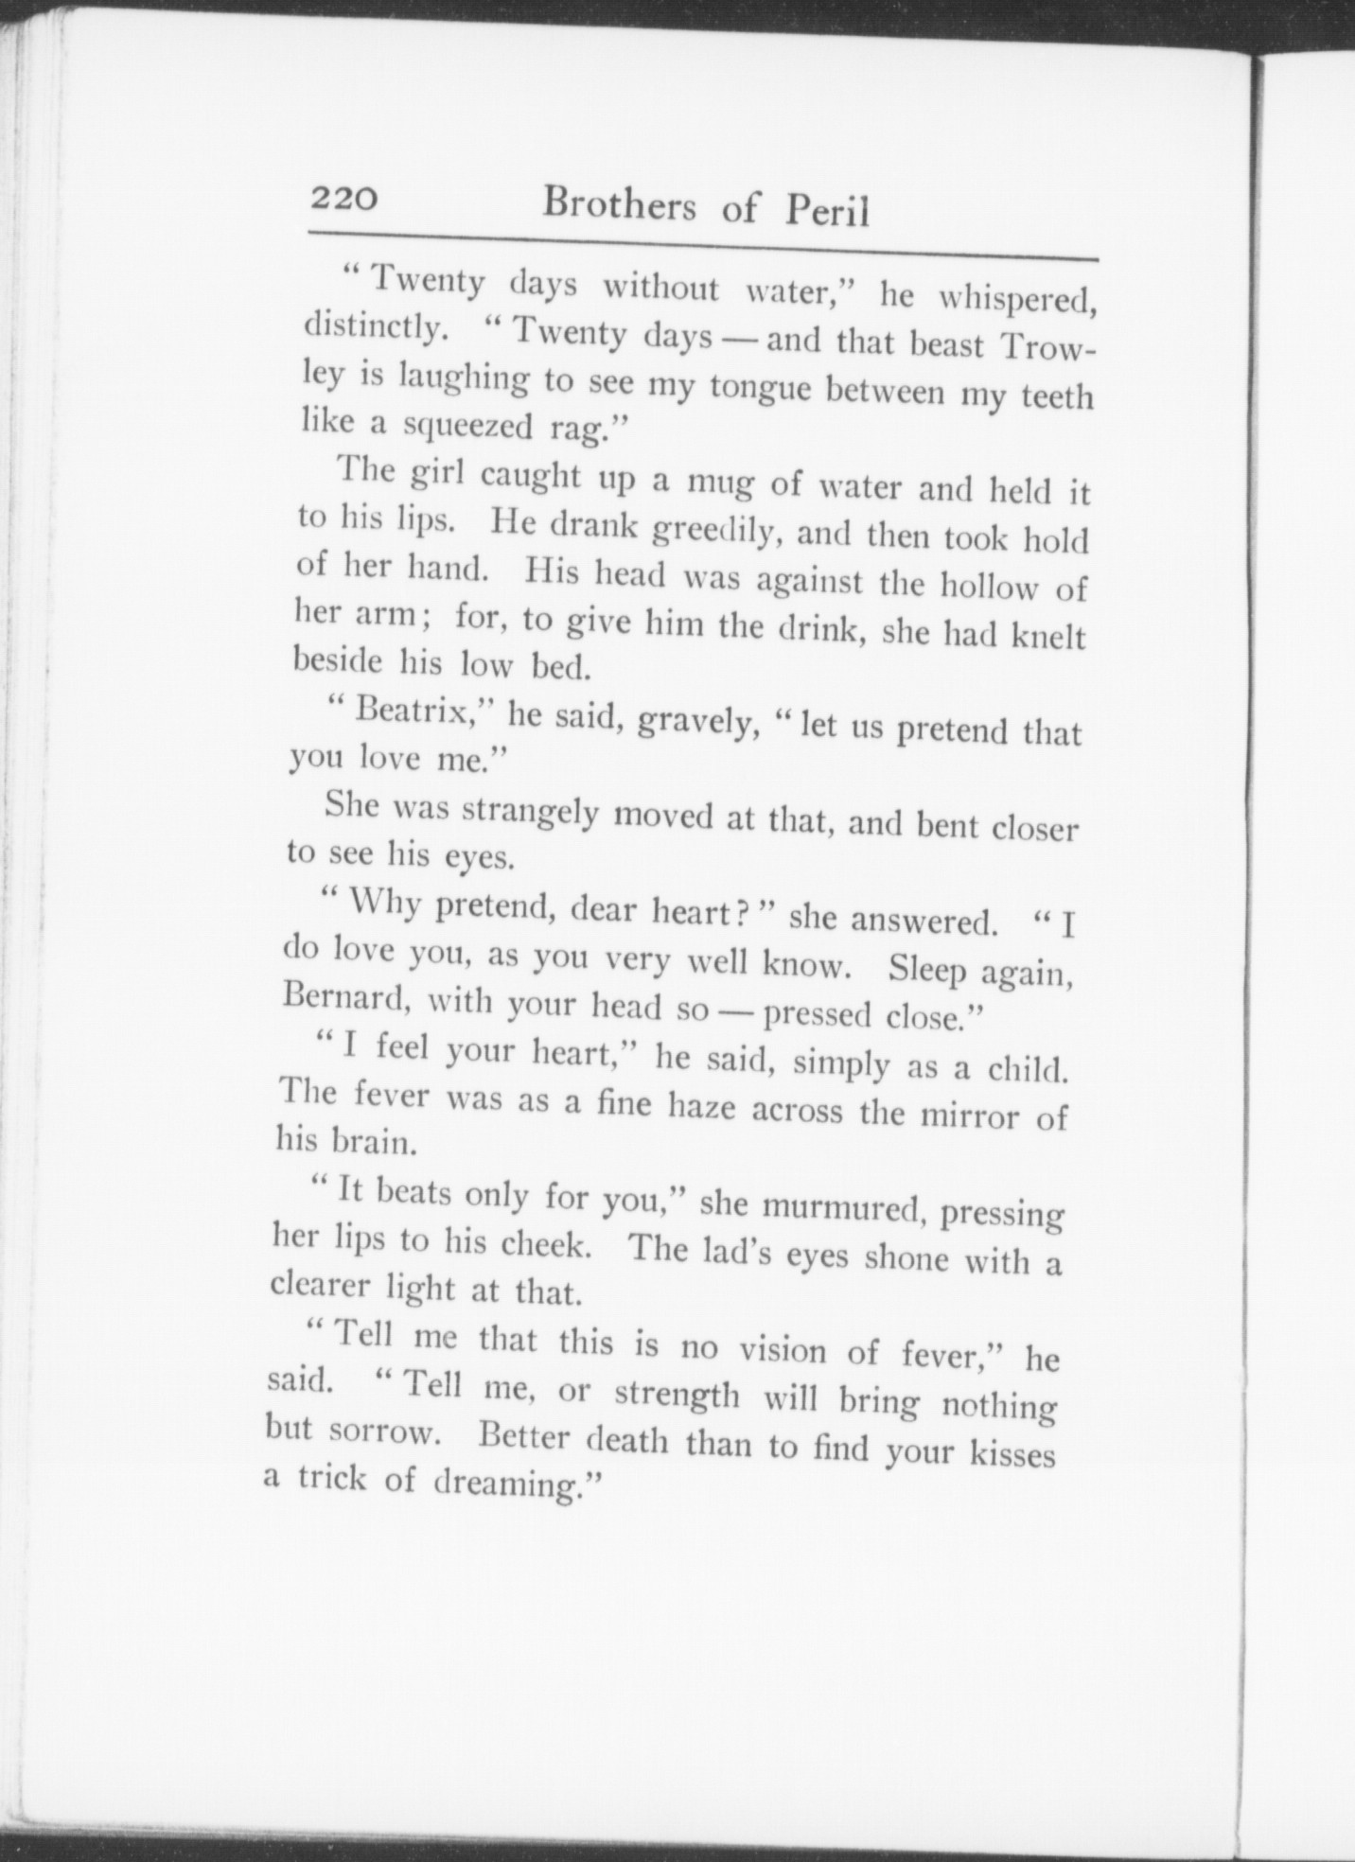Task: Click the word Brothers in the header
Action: point(619,205)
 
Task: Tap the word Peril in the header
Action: point(826,213)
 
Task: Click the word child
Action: point(1028,1069)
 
